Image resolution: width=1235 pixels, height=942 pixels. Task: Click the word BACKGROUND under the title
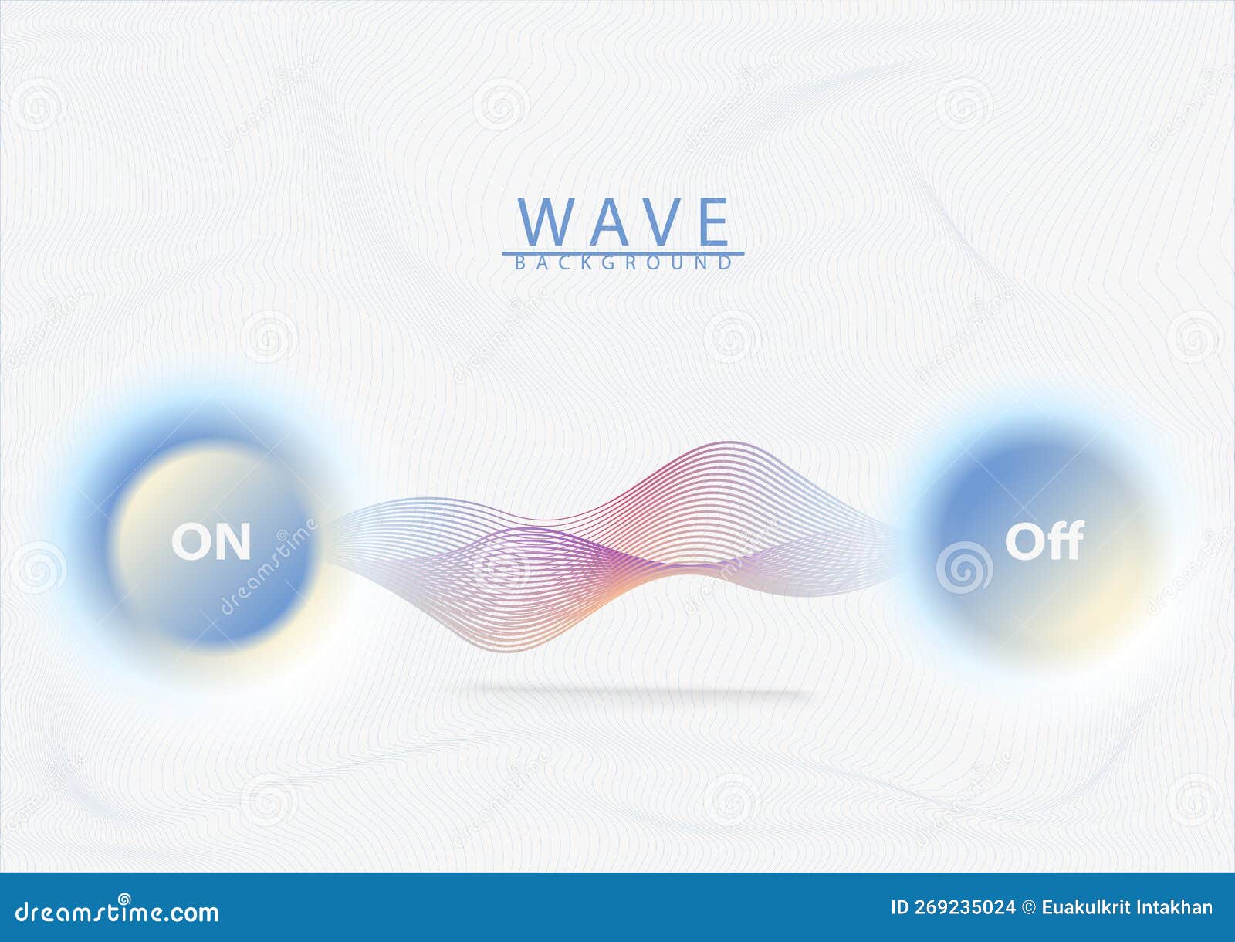pyautogui.click(x=623, y=263)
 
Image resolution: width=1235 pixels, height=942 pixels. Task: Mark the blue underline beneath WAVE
pyautogui.click(x=623, y=252)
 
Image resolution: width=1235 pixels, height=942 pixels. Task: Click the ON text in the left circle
pyautogui.click(x=211, y=542)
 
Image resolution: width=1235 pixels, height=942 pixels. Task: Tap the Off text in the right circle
pyautogui.click(x=1044, y=540)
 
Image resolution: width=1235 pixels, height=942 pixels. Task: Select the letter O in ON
pyautogui.click(x=190, y=542)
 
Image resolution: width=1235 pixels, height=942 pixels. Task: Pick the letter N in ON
pyautogui.click(x=232, y=542)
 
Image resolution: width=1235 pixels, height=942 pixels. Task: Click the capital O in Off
pyautogui.click(x=1024, y=541)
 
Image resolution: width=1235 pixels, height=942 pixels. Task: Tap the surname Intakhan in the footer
pyautogui.click(x=1178, y=908)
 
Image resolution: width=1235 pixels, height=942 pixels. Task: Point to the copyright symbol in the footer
pyautogui.click(x=1029, y=908)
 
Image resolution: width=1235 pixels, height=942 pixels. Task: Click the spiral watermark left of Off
pyautogui.click(x=964, y=568)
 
